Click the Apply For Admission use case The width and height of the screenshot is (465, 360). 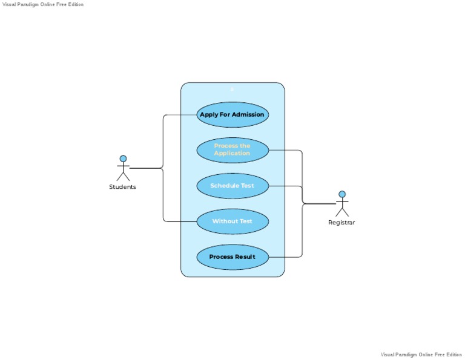click(x=232, y=114)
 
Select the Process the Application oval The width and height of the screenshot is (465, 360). click(x=232, y=150)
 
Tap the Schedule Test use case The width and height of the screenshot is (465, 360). click(x=232, y=186)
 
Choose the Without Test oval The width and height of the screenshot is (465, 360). click(x=232, y=221)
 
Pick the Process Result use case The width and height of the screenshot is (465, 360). click(x=232, y=257)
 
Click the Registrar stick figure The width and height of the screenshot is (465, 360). click(x=342, y=204)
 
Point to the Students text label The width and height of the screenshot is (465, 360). click(x=122, y=187)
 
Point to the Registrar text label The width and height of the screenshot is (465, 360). click(x=341, y=223)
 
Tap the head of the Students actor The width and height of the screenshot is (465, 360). click(x=123, y=159)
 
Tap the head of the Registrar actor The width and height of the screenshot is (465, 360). click(x=342, y=194)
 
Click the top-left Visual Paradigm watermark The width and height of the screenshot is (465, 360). click(x=43, y=4)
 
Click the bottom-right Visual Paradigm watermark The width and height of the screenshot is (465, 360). click(x=421, y=355)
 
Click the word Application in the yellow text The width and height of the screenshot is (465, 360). click(x=232, y=154)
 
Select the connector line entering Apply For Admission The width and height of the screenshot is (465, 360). click(x=180, y=115)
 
